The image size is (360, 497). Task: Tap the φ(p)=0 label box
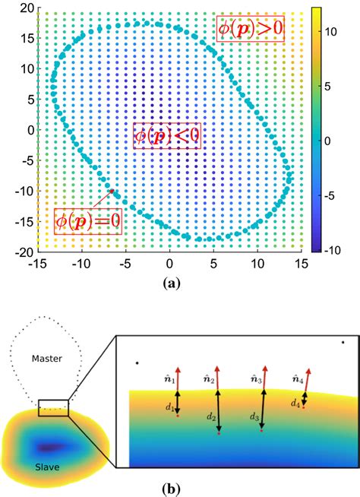pos(88,221)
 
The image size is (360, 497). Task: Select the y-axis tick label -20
pos(24,252)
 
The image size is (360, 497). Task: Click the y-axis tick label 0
pos(30,130)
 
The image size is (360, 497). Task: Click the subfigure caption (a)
pos(171,283)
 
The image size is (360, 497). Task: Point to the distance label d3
pos(254,416)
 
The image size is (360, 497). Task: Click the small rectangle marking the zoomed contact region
pos(53,407)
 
